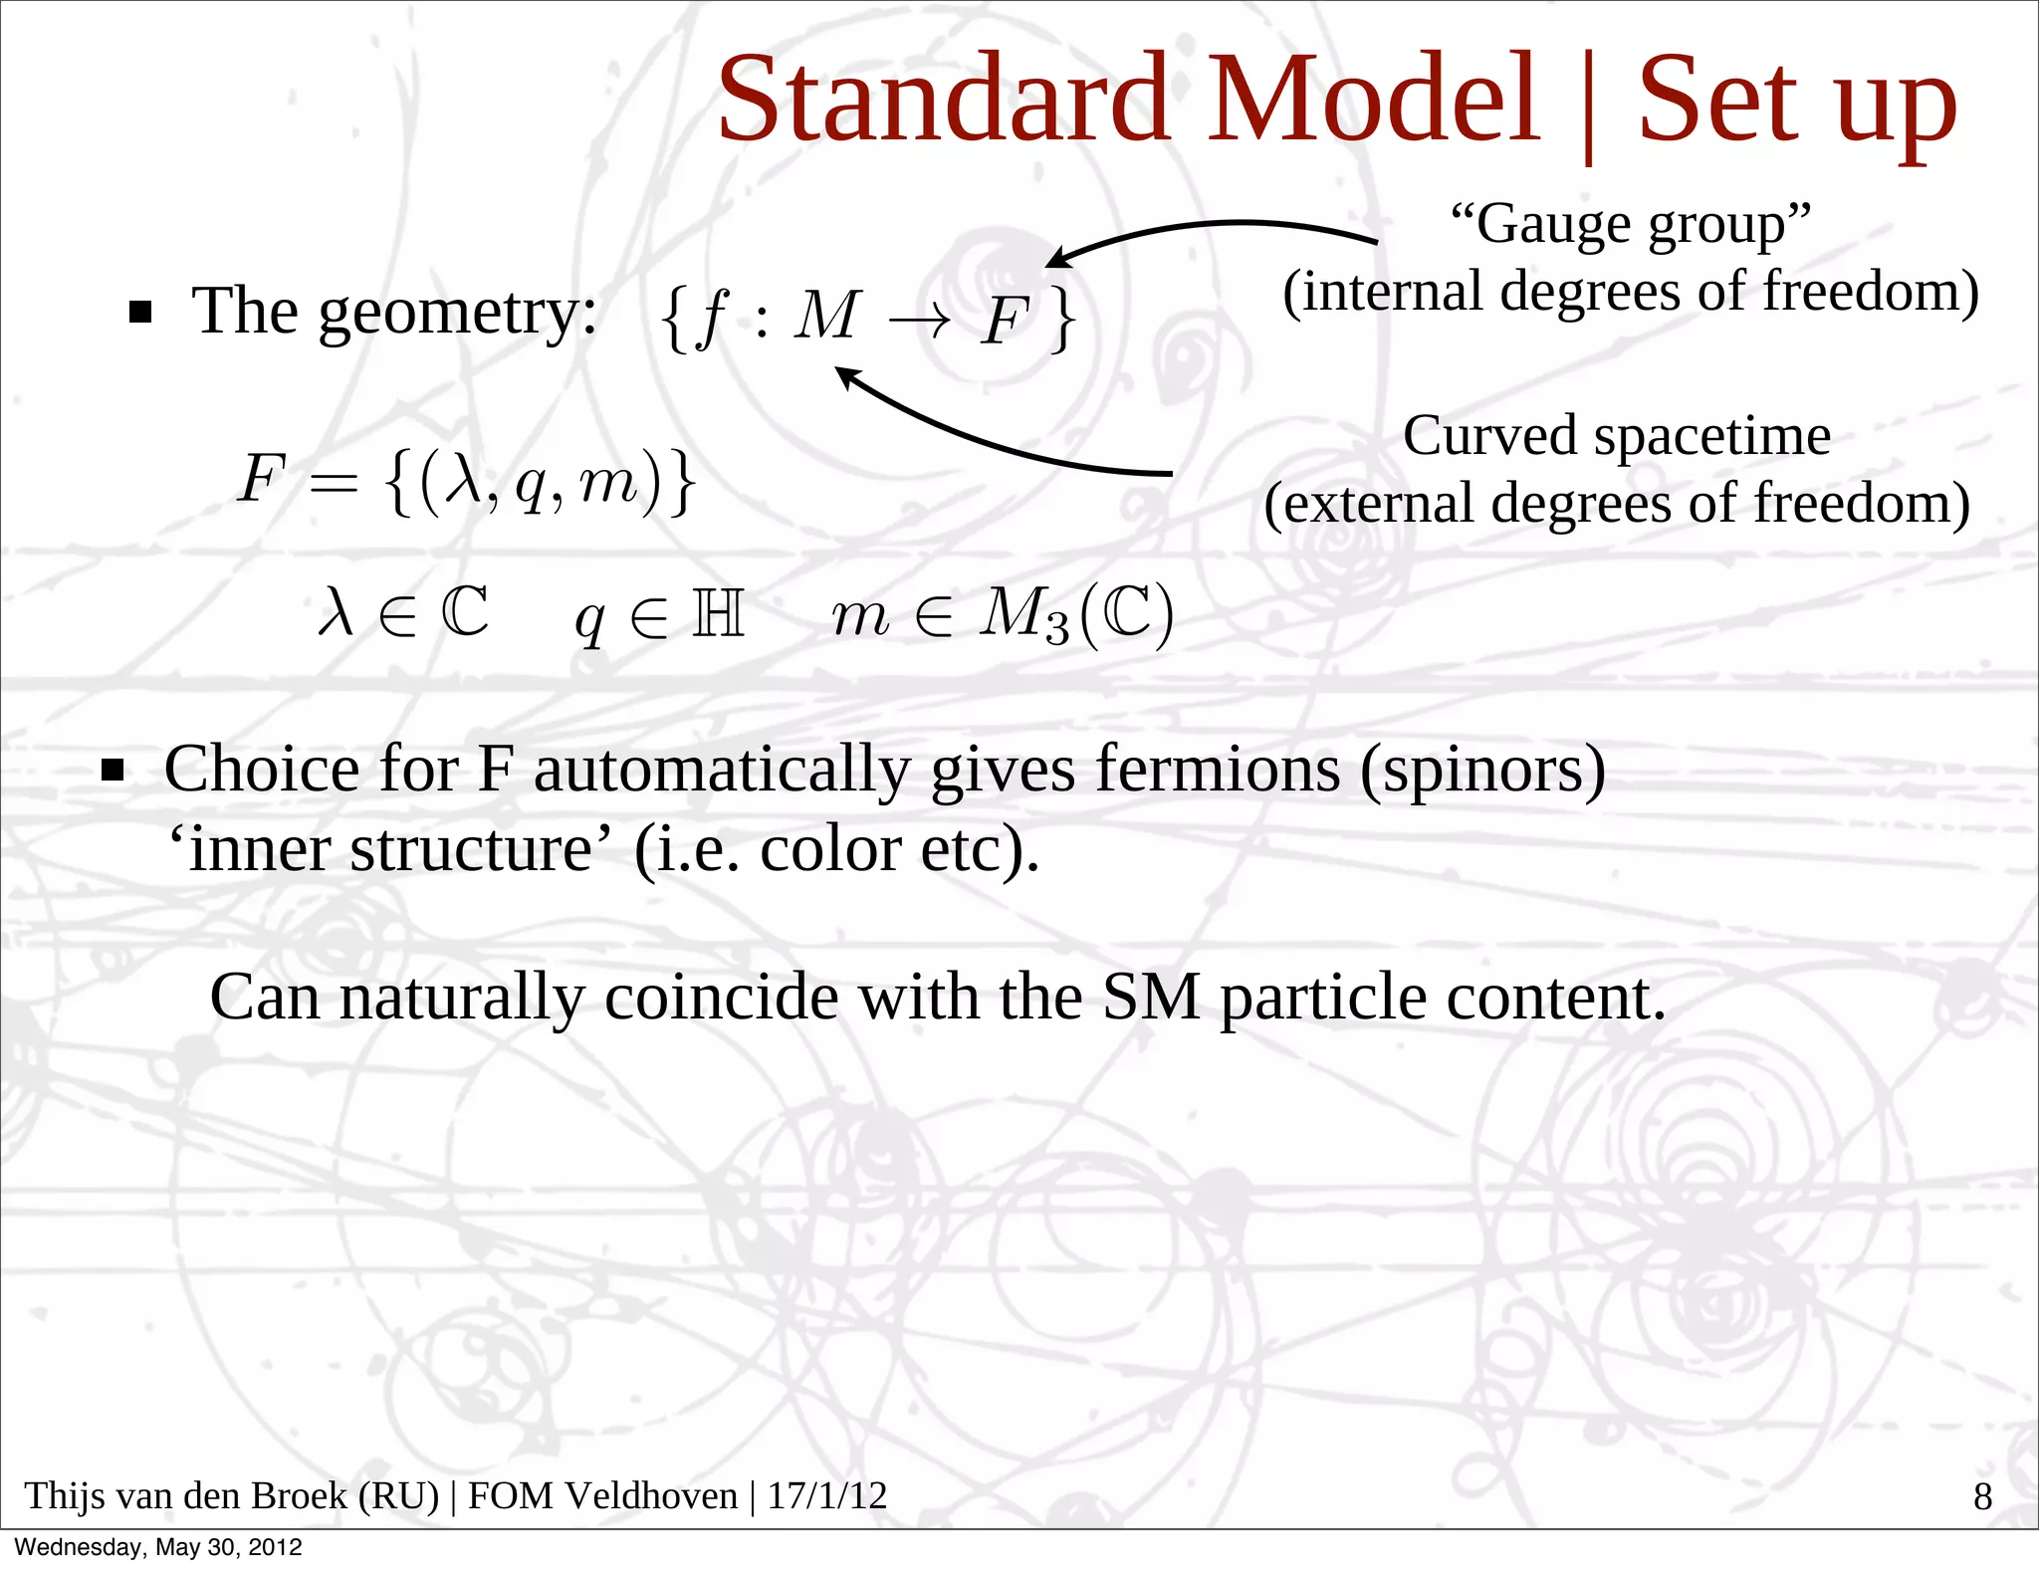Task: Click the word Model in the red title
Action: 1373,99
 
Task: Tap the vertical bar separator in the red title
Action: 1588,105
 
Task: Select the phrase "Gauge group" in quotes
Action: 1630,224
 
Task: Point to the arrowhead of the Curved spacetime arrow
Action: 844,375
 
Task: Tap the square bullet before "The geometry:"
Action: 140,314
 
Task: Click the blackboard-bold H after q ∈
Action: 718,613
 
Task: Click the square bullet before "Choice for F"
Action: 113,771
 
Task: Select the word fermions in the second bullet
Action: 1218,771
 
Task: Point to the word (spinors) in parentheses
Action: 1482,771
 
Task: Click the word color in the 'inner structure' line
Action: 830,850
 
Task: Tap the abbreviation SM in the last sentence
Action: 1151,998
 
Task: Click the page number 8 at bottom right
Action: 1982,1496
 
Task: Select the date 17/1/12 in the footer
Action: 826,1496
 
